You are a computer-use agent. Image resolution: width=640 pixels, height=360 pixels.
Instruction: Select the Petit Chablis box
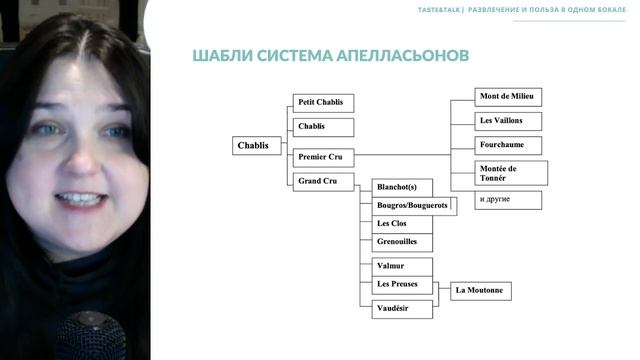(322, 102)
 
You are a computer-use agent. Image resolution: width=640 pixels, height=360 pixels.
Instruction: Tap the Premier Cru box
(322, 157)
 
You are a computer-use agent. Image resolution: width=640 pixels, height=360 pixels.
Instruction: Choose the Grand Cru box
(322, 181)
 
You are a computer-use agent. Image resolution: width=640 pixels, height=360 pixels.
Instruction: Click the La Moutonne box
(481, 291)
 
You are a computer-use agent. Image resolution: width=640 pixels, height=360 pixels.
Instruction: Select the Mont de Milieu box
(508, 97)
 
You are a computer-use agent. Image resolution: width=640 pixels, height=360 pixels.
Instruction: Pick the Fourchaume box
(508, 145)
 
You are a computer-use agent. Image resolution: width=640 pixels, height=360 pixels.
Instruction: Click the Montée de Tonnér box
(511, 173)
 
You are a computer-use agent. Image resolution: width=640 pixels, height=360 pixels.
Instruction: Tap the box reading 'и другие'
(508, 199)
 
